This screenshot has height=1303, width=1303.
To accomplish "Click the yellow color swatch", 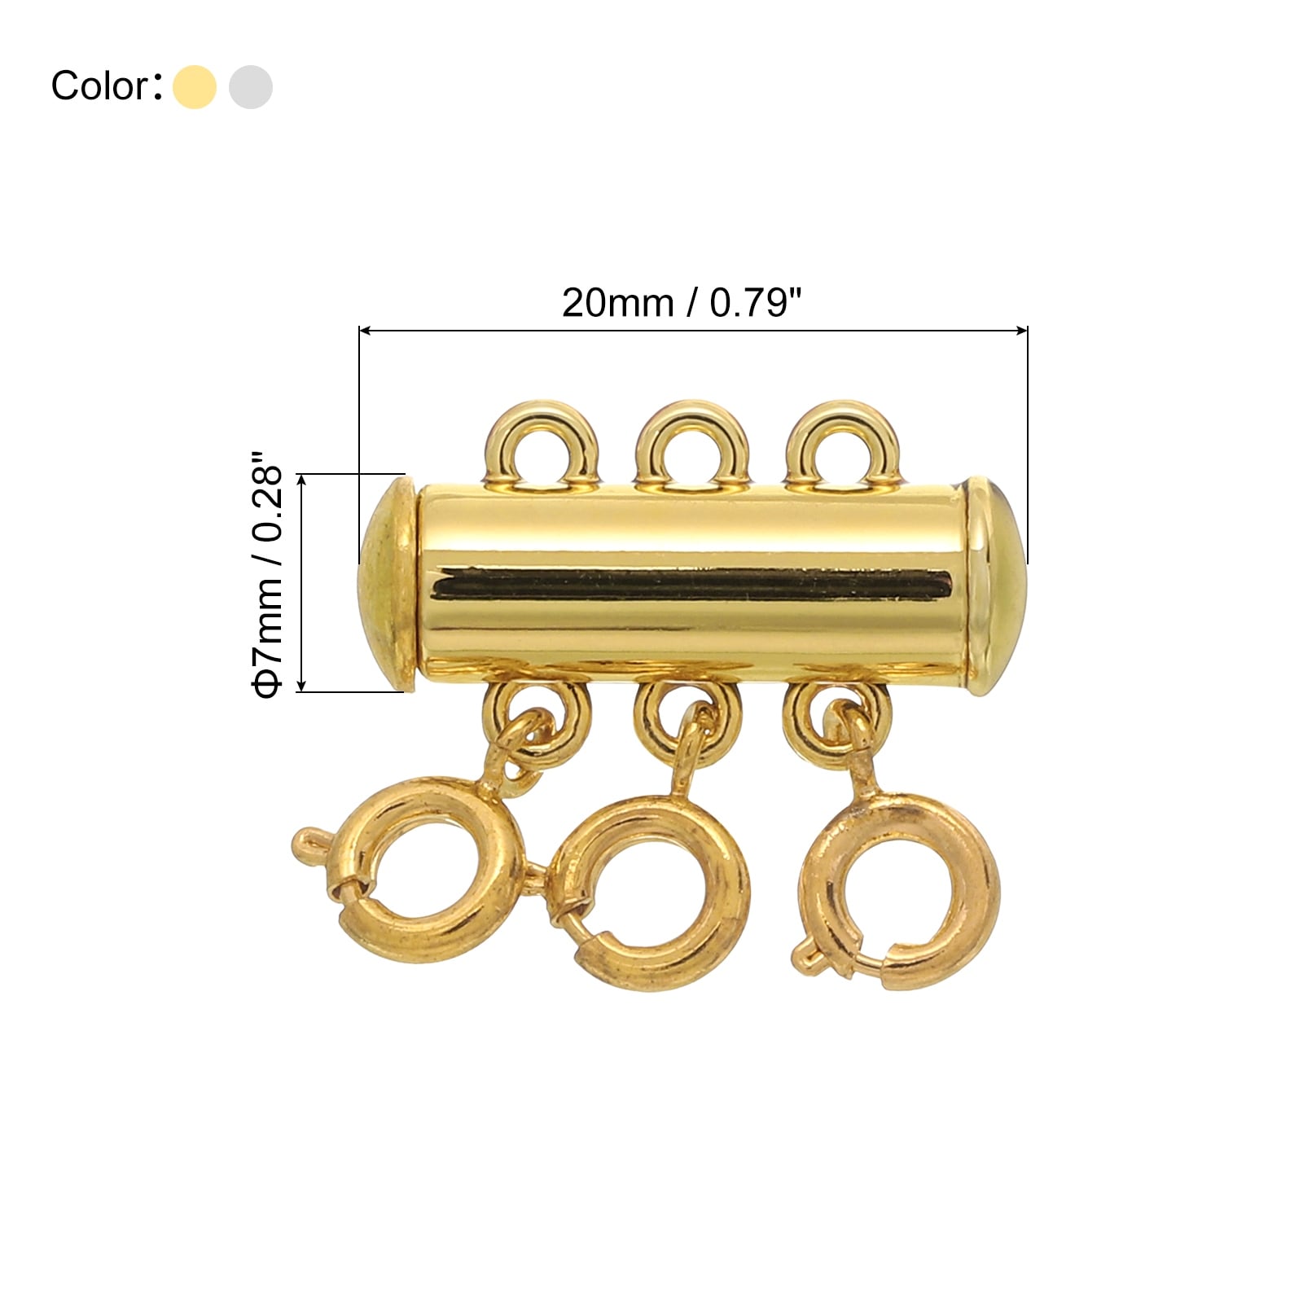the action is coord(195,86).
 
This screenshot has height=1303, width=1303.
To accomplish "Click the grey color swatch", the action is coord(251,86).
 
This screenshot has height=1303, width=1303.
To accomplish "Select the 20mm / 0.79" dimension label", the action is coord(682,303).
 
